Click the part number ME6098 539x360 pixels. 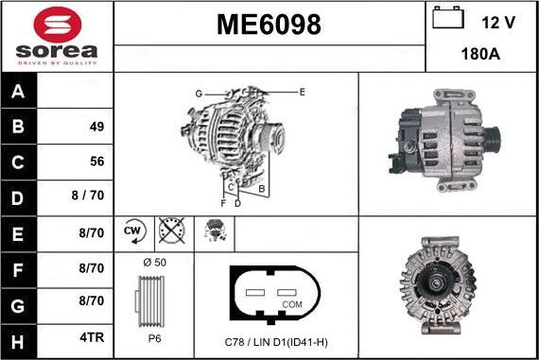[x=269, y=23]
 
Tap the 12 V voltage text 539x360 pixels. [x=499, y=20]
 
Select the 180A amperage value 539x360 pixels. [x=481, y=55]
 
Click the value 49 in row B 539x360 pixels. [x=96, y=127]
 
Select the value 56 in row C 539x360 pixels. [x=96, y=162]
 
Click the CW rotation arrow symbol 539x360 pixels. [x=132, y=231]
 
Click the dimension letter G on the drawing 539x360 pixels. [x=199, y=93]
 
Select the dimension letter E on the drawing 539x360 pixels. [x=302, y=92]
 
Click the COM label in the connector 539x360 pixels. [x=292, y=304]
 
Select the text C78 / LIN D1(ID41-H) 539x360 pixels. [x=276, y=341]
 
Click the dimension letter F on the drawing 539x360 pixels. [x=223, y=202]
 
